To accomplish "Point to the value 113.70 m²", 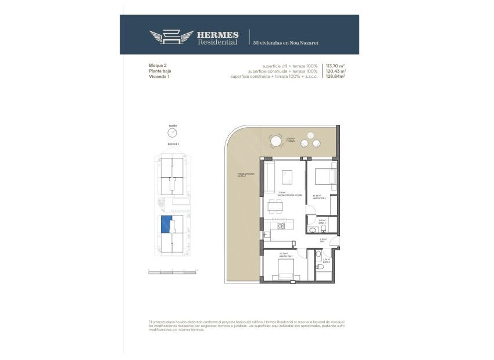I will pos(336,66).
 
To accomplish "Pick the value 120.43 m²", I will pos(336,71).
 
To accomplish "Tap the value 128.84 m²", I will pos(336,77).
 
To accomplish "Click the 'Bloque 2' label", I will pos(158,66).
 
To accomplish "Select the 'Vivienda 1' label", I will pos(159,77).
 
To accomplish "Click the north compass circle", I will pos(172,133).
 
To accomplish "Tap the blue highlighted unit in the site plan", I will pos(166,224).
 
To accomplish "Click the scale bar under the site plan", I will pos(173,270).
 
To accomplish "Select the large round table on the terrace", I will pos(275,142).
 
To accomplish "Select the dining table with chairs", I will pos(277,206).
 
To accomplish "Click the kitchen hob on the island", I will pos(281,226).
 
